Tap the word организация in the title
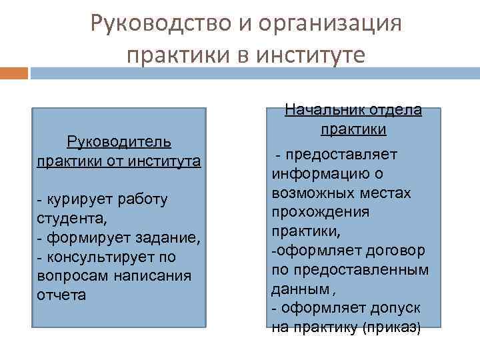(326, 25)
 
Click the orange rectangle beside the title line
(14, 73)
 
